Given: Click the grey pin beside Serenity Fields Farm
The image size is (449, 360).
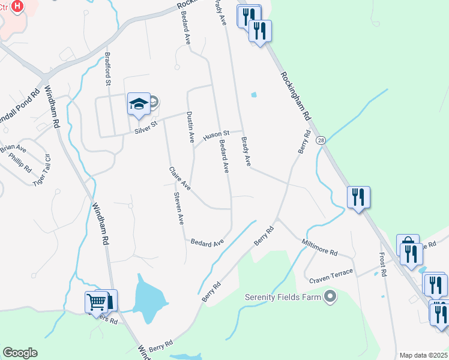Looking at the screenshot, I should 330,296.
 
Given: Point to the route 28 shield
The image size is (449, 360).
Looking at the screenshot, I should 321,140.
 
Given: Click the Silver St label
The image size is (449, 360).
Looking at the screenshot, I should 145,124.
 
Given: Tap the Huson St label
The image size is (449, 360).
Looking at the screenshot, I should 216,136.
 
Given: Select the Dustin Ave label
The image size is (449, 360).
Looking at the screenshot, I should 190,127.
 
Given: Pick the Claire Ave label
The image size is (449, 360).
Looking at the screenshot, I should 179,179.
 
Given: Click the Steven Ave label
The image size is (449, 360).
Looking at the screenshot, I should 178,208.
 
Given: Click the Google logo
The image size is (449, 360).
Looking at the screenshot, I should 20,353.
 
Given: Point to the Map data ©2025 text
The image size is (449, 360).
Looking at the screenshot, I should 423,355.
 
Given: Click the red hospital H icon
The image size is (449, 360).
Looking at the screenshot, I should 17,7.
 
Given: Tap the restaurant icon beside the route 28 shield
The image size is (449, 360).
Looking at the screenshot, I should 358,197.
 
